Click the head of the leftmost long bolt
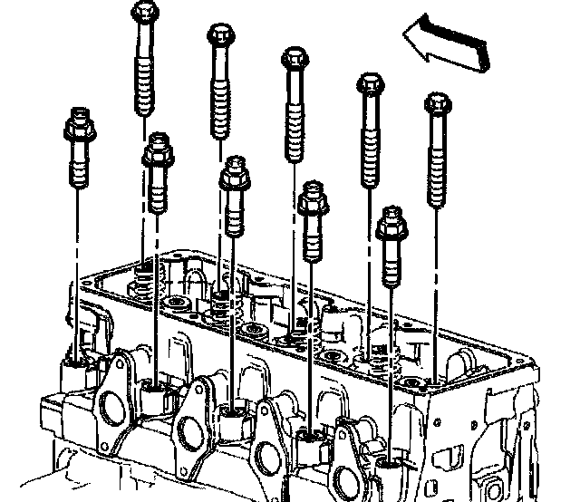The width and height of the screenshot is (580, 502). [146, 13]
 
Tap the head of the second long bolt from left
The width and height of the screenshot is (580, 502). [220, 35]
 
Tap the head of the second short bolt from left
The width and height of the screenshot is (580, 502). [157, 147]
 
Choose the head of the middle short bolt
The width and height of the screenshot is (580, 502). [235, 171]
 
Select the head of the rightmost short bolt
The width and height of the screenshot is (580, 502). [391, 220]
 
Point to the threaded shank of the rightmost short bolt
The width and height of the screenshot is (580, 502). [391, 263]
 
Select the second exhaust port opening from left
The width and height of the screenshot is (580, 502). [190, 430]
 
